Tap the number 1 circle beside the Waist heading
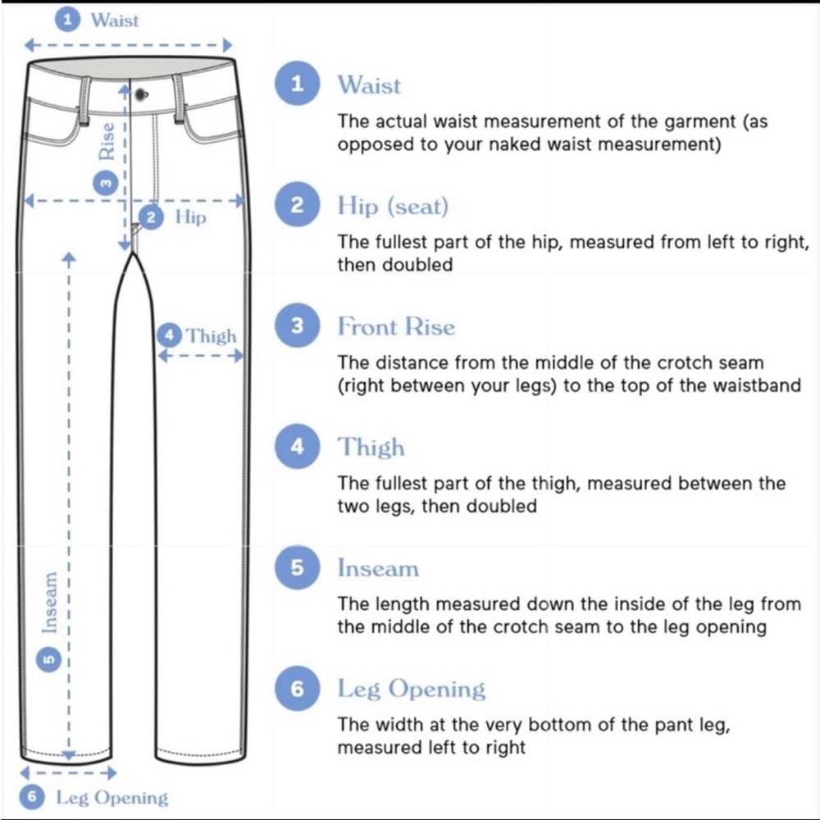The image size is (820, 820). pyautogui.click(x=297, y=83)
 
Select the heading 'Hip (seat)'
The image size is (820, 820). pyautogui.click(x=393, y=206)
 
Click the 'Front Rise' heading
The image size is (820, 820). pyautogui.click(x=396, y=326)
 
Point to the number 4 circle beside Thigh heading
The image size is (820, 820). pyautogui.click(x=297, y=446)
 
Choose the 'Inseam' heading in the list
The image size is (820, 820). pyautogui.click(x=378, y=568)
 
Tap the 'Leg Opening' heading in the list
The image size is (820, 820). pyautogui.click(x=412, y=689)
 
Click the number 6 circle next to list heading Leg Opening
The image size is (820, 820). pyautogui.click(x=297, y=688)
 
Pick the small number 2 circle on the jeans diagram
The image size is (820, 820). pyautogui.click(x=151, y=217)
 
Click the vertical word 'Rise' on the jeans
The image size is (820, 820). pyautogui.click(x=107, y=141)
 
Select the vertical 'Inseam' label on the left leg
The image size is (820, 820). pyautogui.click(x=50, y=603)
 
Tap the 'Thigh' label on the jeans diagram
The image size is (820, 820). pyautogui.click(x=212, y=335)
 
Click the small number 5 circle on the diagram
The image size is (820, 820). pyautogui.click(x=48, y=659)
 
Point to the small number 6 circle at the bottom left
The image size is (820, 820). pyautogui.click(x=32, y=797)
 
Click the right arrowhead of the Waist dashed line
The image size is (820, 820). pyautogui.click(x=227, y=45)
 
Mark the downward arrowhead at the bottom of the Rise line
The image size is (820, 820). pyautogui.click(x=125, y=245)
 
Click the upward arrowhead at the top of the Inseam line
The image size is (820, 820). pyautogui.click(x=69, y=257)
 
